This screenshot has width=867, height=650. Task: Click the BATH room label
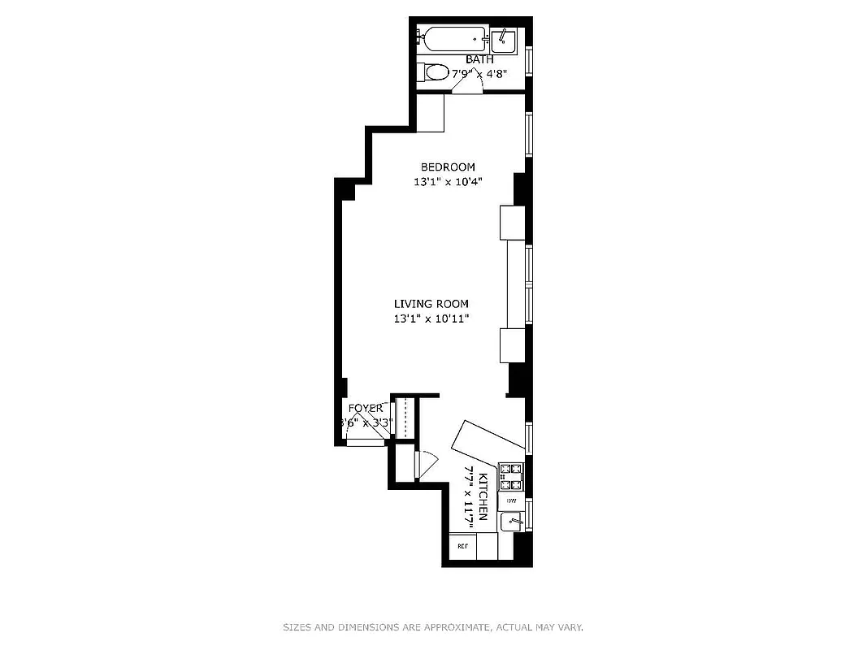(479, 59)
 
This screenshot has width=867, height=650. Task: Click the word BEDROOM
(448, 167)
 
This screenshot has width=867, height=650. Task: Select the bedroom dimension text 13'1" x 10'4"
(448, 181)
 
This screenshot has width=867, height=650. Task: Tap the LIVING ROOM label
(431, 304)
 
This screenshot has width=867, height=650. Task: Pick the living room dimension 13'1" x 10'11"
(431, 318)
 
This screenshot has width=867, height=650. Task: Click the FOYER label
(365, 408)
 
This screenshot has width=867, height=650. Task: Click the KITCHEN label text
(483, 496)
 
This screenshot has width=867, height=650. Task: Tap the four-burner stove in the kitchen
(510, 476)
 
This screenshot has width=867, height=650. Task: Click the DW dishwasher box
(512, 501)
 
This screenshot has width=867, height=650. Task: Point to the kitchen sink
(512, 522)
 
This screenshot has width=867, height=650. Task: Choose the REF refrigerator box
(462, 546)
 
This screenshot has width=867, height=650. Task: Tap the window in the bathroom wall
(529, 60)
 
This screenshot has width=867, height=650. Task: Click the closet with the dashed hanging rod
(404, 418)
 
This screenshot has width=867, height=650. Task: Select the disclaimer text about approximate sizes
(433, 627)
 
